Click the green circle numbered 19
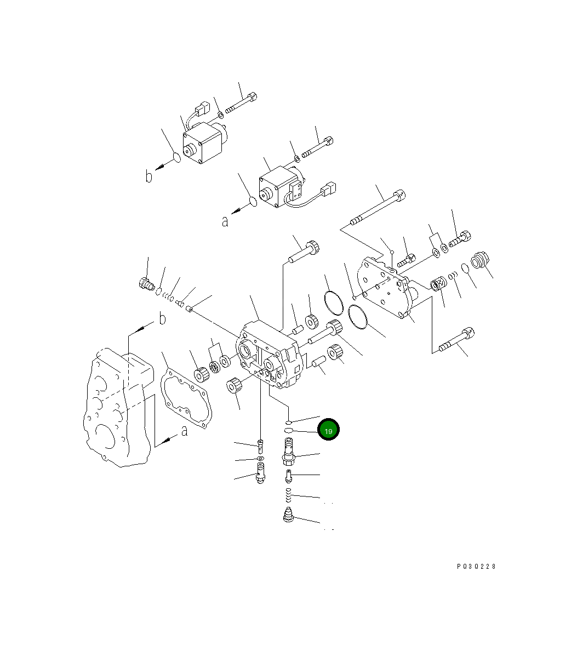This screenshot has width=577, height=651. click(x=329, y=430)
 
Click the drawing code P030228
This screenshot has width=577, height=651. click(x=476, y=567)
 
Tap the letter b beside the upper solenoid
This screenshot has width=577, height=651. click(x=148, y=176)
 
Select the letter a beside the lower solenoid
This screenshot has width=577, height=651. click(x=225, y=221)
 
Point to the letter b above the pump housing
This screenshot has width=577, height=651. click(x=162, y=319)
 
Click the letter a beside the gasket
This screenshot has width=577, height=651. click(x=184, y=431)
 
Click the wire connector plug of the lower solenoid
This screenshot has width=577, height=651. click(x=328, y=190)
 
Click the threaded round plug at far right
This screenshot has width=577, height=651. click(x=480, y=260)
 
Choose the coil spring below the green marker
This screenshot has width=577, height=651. click(x=289, y=497)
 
